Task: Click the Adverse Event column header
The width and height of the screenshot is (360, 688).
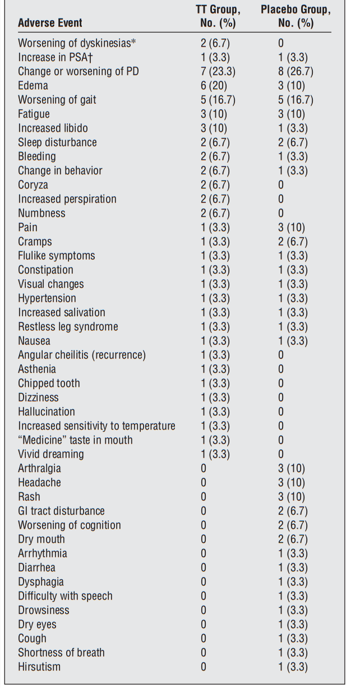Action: point(50,23)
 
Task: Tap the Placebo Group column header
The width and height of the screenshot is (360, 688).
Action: point(296,17)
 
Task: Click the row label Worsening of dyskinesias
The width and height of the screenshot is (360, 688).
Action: point(77,43)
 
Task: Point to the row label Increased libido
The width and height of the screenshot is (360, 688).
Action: point(53,128)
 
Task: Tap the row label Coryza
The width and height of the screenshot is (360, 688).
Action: point(33,185)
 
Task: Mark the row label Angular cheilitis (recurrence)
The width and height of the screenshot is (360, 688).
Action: point(82,355)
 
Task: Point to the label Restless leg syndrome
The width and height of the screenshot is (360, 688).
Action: point(68,327)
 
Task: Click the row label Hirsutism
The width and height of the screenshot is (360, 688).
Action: point(39,667)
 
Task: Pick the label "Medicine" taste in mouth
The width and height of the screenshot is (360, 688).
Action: point(75,440)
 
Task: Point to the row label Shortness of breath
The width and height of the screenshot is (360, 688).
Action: point(61,653)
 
